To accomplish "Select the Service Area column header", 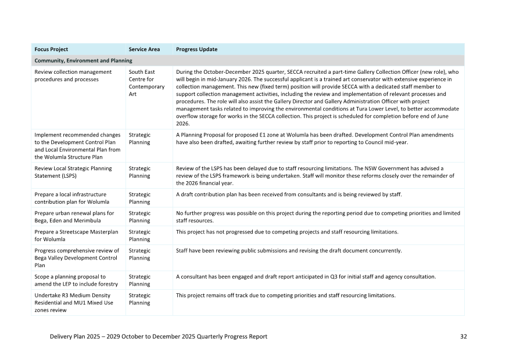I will click(x=144, y=49).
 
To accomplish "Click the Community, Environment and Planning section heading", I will click(x=83, y=60).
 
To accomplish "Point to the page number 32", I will click(x=463, y=336).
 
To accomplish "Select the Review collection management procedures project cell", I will click(x=73, y=75).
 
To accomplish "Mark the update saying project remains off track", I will click(x=285, y=296).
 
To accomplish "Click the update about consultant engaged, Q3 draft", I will click(x=306, y=277).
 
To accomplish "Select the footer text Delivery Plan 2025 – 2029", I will click(x=159, y=336).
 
